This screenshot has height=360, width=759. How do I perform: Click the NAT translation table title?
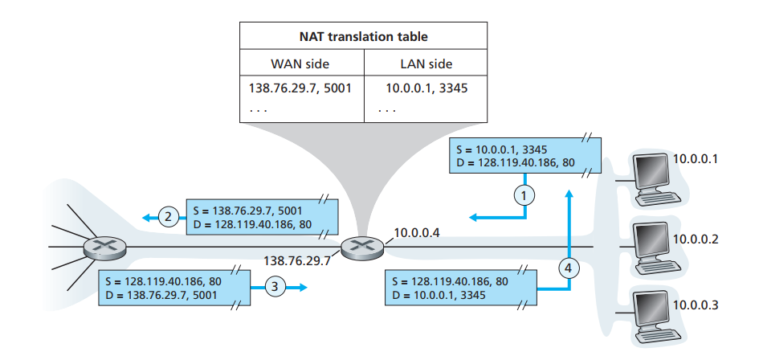click(363, 37)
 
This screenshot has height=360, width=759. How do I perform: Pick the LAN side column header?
click(425, 64)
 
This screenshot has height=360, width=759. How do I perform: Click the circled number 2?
click(169, 216)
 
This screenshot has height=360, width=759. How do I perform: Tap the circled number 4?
click(568, 268)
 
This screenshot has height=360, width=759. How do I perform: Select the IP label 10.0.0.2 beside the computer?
click(695, 239)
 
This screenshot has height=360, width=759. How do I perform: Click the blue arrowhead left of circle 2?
click(146, 217)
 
